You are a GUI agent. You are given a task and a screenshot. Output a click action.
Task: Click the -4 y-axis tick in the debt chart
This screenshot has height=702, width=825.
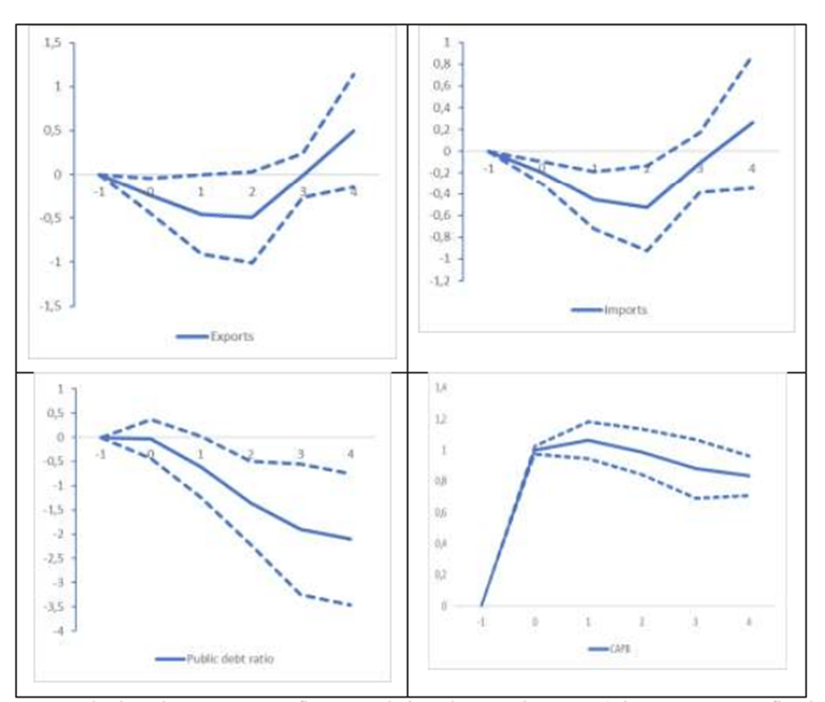coord(58,631)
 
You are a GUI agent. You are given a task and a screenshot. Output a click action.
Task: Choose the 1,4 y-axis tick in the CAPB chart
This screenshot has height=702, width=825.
coord(439,388)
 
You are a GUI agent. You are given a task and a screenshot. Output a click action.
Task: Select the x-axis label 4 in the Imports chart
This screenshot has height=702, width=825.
coord(752,169)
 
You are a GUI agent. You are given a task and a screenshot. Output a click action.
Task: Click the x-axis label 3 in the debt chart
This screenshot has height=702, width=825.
coord(301,454)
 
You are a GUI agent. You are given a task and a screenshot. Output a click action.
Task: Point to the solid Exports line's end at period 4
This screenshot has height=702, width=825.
coord(354,131)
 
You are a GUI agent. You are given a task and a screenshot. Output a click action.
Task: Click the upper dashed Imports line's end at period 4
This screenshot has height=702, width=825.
coord(752,57)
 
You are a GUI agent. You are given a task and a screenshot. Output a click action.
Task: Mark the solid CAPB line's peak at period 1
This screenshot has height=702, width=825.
coord(588,440)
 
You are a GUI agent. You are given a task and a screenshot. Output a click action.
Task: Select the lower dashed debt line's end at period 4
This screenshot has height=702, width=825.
coord(351,605)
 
